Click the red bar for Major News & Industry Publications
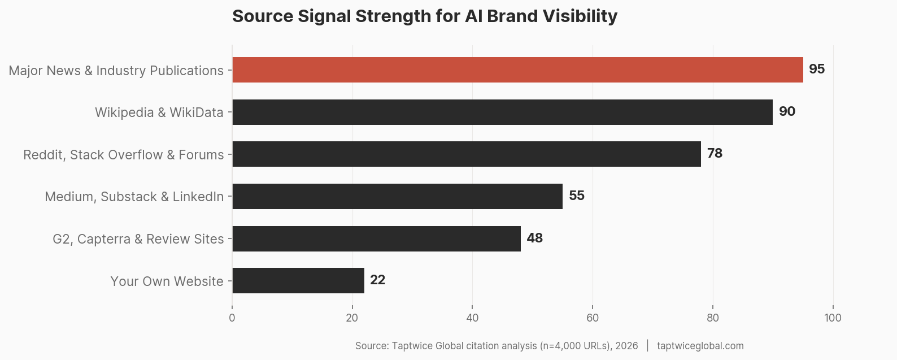coord(517,70)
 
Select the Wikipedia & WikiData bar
coord(502,112)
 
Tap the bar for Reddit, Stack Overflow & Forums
coord(467,154)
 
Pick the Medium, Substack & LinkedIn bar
coord(397,196)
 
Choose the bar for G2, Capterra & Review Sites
coord(376,238)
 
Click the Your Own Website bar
coord(298,280)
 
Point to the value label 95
coord(816,69)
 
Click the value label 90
coord(787,111)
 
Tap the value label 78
coord(715,153)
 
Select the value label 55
coord(576,196)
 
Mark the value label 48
coord(534,238)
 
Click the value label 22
coord(377,280)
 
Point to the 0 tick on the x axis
coord(232,318)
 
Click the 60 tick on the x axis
coord(593,318)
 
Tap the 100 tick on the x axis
coord(833,318)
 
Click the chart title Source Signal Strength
coord(424,16)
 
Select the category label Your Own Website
coord(167,281)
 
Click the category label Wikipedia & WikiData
coord(159,112)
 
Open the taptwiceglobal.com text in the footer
coord(700,346)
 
